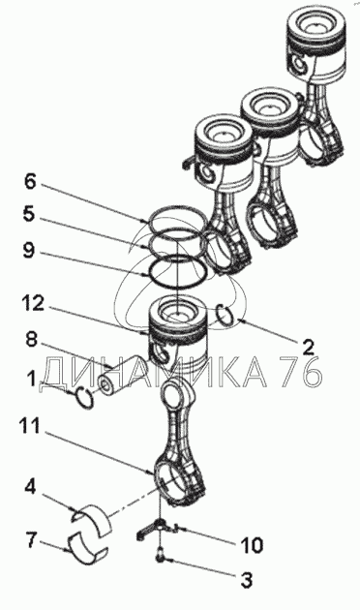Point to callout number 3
click(245, 579)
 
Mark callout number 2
click(307, 347)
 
